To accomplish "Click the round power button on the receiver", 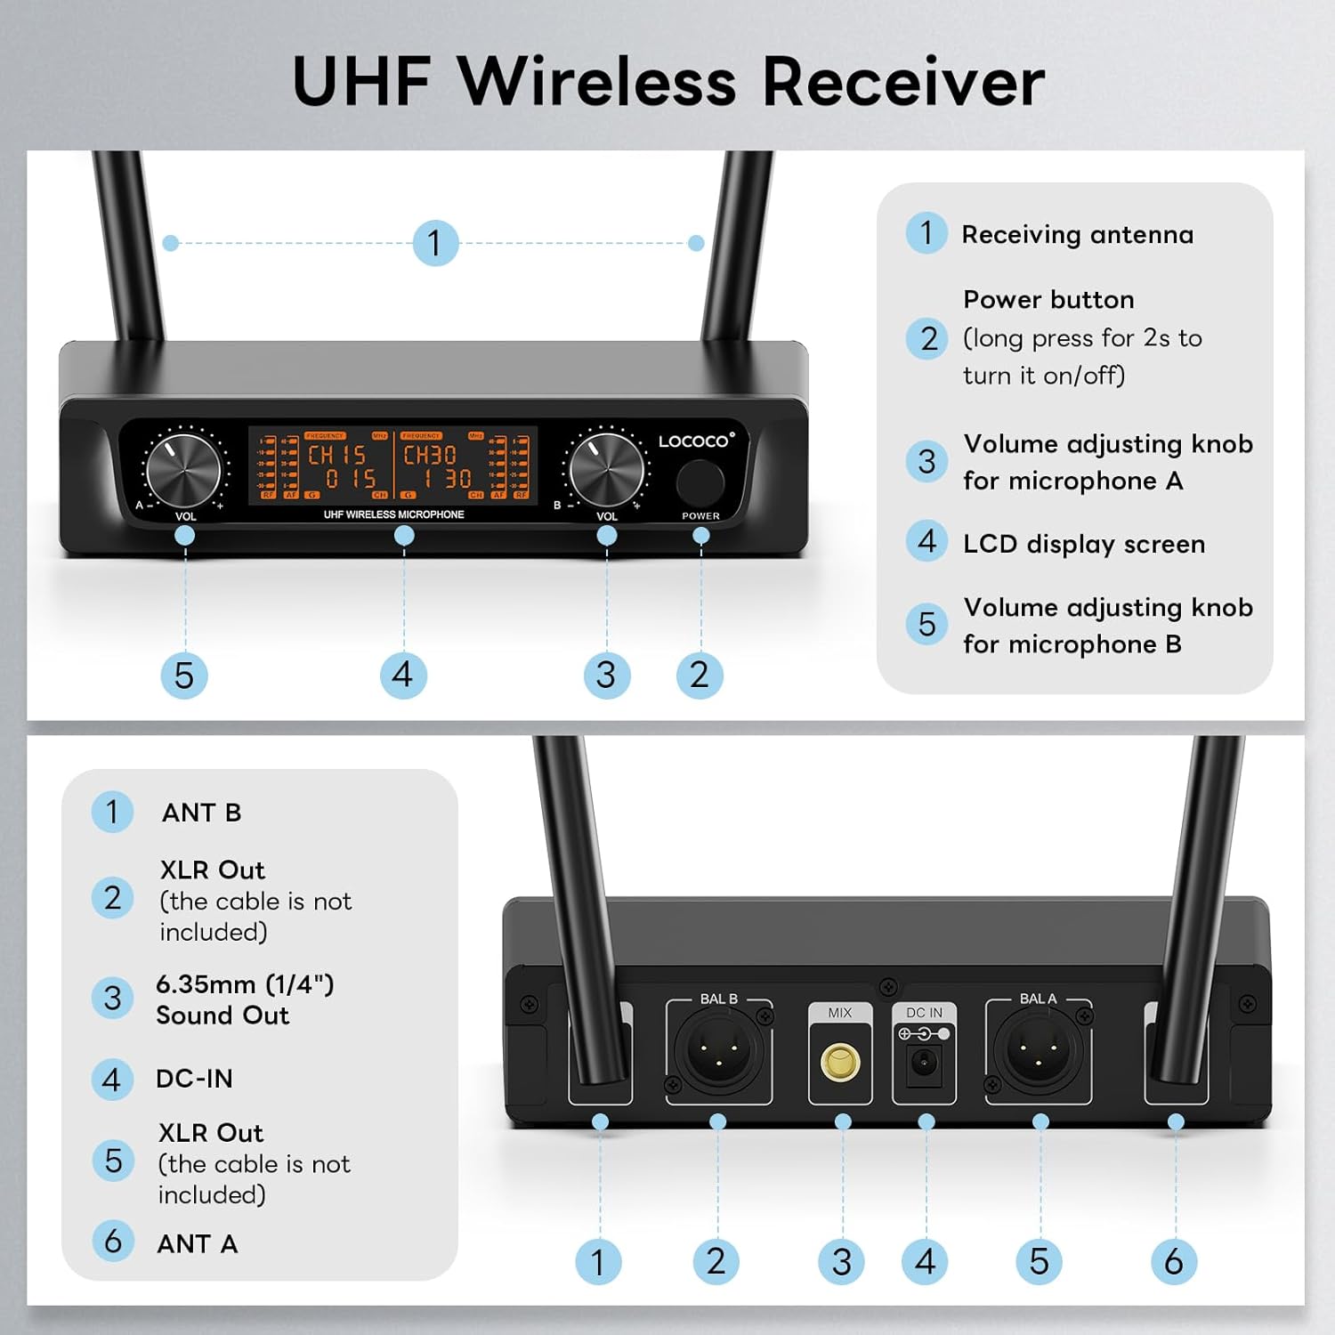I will [700, 482].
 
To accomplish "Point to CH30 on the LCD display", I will [430, 455].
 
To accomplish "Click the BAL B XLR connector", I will [717, 1051].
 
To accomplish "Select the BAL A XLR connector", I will [1038, 1051].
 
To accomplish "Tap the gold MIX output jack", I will [840, 1062].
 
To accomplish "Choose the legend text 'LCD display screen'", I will [1083, 544].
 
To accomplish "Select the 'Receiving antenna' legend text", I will [1077, 235].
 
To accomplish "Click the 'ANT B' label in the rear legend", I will [201, 813].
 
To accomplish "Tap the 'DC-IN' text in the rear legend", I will [194, 1079].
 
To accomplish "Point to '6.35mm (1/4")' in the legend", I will [245, 984].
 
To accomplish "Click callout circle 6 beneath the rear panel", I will [1173, 1261].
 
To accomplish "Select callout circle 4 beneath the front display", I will [403, 675].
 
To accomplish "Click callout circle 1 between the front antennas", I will [435, 243].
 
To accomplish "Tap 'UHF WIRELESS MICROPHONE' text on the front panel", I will [393, 514].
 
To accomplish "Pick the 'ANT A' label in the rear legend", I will [197, 1243].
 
